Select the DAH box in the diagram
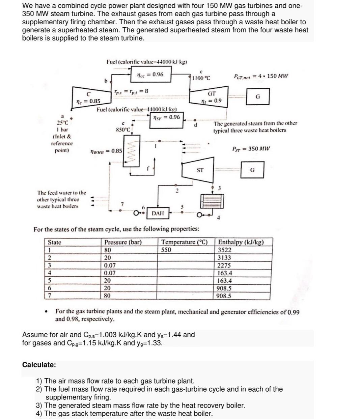pyautogui.click(x=158, y=213)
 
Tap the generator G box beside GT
pyautogui.click(x=258, y=97)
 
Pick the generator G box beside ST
pyautogui.click(x=252, y=170)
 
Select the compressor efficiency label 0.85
pyautogui.click(x=87, y=101)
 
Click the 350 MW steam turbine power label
pyautogui.click(x=251, y=148)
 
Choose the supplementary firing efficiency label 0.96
pyautogui.click(x=166, y=117)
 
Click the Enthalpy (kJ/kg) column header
pyautogui.click(x=241, y=242)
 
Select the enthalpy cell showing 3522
pyautogui.click(x=225, y=250)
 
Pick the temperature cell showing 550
pyautogui.click(x=166, y=250)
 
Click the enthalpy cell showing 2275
pyautogui.click(x=224, y=266)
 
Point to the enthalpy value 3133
pyautogui.click(x=224, y=258)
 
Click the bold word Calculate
pyautogui.click(x=39, y=365)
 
